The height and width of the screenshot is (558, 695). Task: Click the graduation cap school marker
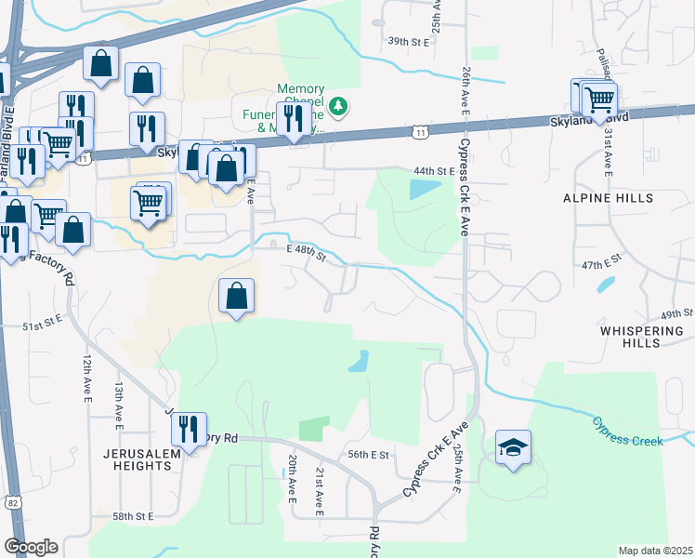[x=514, y=448]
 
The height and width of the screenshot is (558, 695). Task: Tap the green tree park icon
[x=340, y=106]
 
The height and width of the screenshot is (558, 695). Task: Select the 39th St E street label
[x=411, y=42]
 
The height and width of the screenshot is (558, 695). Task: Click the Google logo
[x=31, y=546]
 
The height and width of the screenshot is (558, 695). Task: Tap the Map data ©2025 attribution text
[x=655, y=551]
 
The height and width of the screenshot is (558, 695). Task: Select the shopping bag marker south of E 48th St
[x=237, y=296]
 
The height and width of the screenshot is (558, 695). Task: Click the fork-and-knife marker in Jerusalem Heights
[x=188, y=430]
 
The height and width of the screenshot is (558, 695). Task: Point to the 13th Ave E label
[x=119, y=400]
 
